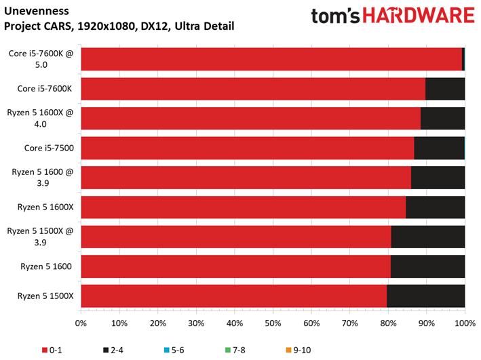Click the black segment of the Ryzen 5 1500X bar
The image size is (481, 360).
[426, 296]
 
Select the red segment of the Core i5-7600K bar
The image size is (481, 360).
[253, 89]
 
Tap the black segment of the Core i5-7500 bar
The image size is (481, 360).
[440, 148]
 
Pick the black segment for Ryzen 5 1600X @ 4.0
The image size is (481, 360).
[442, 119]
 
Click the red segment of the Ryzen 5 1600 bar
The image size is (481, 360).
[236, 266]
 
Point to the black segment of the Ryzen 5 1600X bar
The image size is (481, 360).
[436, 207]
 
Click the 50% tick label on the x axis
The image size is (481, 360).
[273, 323]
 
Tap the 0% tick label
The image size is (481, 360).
[81, 323]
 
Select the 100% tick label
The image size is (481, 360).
[465, 323]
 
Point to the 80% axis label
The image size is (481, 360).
[388, 323]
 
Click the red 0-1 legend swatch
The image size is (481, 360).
[45, 350]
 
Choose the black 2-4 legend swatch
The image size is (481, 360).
[106, 350]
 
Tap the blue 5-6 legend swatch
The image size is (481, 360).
[167, 350]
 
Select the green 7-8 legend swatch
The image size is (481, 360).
[228, 350]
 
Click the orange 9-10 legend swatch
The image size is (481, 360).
[288, 350]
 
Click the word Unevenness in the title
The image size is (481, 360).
[37, 11]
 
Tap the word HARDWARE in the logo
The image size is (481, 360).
[419, 16]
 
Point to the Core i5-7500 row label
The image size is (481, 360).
[49, 148]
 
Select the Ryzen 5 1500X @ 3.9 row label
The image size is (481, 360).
[40, 237]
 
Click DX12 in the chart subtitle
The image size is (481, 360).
[155, 26]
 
